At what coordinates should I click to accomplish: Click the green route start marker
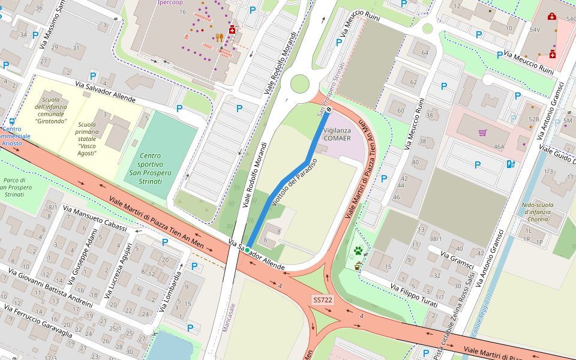[247, 250]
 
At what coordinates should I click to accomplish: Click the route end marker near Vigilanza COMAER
[329, 109]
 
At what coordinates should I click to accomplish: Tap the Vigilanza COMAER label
[337, 134]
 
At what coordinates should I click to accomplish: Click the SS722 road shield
[322, 299]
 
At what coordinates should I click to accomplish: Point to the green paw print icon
[358, 251]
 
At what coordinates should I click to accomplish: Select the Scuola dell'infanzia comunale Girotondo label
[50, 110]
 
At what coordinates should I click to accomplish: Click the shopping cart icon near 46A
[482, 132]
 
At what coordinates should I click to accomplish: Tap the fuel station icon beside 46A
[511, 164]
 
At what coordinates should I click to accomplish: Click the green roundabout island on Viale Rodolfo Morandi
[299, 84]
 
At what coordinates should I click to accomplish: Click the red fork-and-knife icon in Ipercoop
[219, 37]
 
